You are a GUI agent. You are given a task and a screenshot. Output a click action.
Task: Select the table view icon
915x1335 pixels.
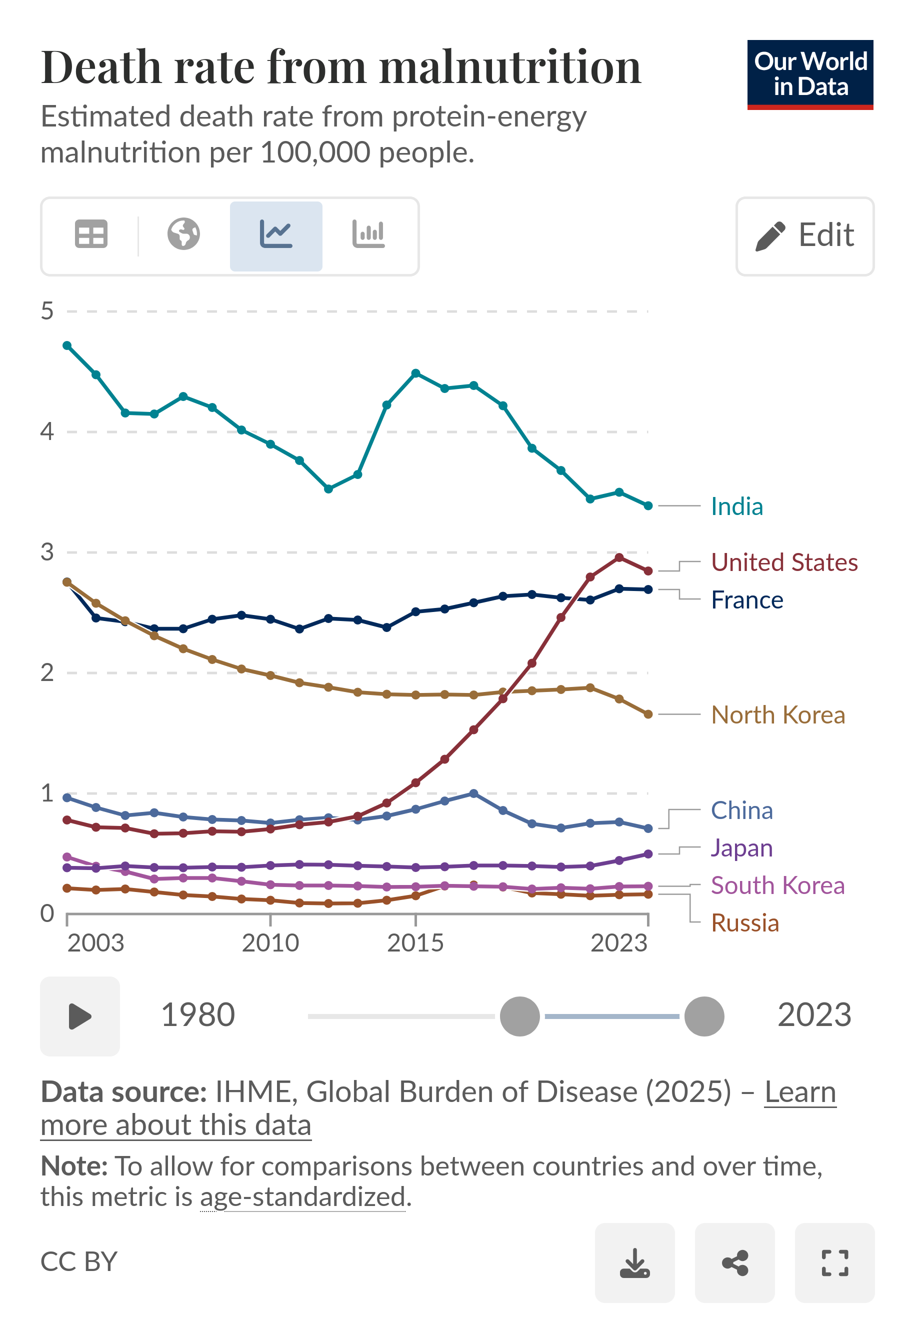point(91,234)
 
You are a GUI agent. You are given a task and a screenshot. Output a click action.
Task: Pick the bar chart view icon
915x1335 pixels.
point(368,234)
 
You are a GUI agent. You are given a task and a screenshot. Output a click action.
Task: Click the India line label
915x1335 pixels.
point(736,506)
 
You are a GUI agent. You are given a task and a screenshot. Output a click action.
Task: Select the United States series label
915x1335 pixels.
point(783,562)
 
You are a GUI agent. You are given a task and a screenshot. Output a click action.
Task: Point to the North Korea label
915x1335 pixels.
point(777,715)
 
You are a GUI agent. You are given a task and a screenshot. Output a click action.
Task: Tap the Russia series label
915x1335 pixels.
point(744,923)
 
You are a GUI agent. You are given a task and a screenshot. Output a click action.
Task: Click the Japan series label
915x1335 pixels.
point(741,848)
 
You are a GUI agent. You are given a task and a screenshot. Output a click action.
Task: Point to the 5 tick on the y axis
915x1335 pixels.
point(47,311)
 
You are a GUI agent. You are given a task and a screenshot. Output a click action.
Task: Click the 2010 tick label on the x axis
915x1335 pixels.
point(270,943)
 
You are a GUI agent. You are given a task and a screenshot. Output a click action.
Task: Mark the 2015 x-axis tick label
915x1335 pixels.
point(415,943)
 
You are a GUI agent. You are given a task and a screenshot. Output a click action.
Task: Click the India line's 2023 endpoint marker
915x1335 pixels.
point(648,506)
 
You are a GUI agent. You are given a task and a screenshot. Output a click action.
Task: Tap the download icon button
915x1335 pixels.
point(634,1262)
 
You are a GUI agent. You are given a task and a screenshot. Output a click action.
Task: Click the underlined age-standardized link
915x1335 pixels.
point(302,1197)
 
